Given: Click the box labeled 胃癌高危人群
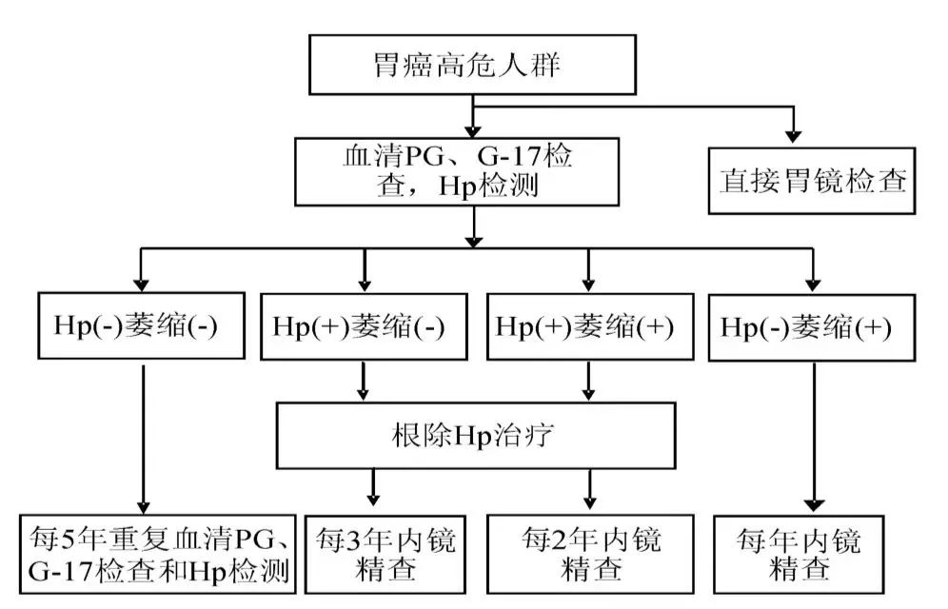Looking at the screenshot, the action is pos(472,65).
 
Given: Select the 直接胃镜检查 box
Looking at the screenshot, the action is pos(811,181).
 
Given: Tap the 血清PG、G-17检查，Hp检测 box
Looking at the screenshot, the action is pos(457,171).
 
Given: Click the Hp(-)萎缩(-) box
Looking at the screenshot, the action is pos(142,325).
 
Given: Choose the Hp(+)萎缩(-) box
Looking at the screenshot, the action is pos(364,326).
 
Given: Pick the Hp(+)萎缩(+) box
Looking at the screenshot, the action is pos(590,326).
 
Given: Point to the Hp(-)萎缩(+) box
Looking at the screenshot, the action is pos(811,328).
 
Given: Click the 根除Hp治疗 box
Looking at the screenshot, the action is pos(476,436).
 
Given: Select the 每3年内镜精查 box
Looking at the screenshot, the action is pos(385,554).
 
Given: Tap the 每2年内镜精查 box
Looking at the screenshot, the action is pos(590,554).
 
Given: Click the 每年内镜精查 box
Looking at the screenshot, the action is pos(799,554).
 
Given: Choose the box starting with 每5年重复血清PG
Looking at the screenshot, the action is pos(158,554).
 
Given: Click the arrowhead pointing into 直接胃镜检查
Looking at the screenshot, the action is pos(793,136).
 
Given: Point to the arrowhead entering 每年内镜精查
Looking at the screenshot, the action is pos(814,505).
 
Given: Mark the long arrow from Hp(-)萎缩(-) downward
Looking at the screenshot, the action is pos(144,440).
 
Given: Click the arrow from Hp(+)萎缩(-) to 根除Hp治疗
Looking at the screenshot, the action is pos(363,382).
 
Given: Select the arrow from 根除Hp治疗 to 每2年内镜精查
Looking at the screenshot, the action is pos(590,489).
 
